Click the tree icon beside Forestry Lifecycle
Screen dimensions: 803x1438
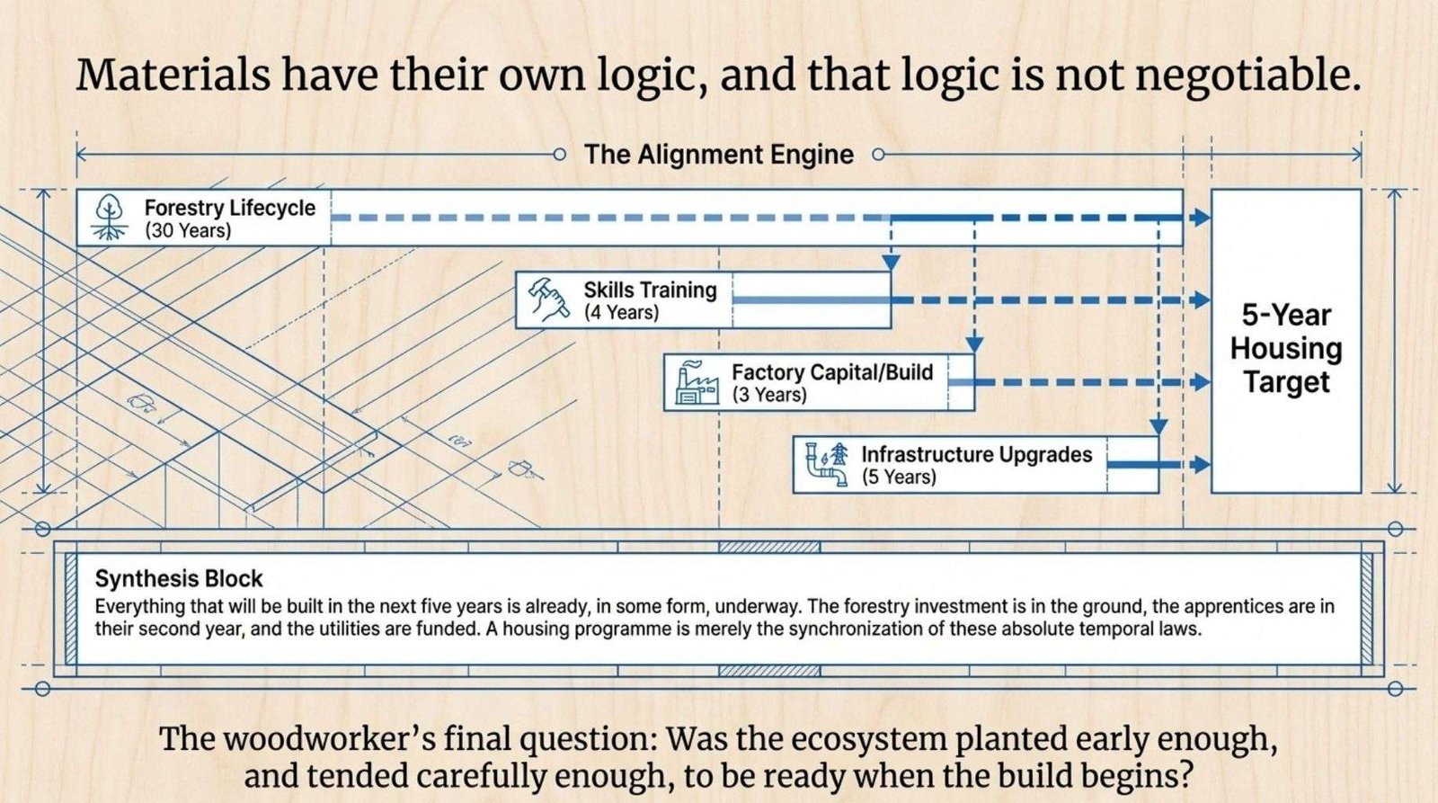coord(109,218)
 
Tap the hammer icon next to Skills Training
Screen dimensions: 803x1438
coord(548,299)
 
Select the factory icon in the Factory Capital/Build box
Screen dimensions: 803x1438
coord(697,382)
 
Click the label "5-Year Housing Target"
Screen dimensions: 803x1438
coord(1286,348)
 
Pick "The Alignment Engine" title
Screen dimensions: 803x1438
coord(718,155)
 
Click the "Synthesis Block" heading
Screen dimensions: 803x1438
coord(179,578)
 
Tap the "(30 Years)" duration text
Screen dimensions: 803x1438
coord(188,231)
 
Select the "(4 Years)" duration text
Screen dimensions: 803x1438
coord(621,313)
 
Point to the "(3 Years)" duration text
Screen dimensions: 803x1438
coord(768,395)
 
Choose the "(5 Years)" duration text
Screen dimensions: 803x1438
coord(899,477)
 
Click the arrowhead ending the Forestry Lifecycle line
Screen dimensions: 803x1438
coord(1200,217)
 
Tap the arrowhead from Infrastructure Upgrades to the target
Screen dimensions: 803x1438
coord(1200,464)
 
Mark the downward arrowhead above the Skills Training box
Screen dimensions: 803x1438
coord(891,262)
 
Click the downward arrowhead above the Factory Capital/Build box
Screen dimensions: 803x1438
coord(974,344)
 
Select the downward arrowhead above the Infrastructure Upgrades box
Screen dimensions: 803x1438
coord(1158,425)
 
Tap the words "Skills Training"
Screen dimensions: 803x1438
coord(650,290)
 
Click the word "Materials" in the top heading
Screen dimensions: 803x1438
coord(173,76)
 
